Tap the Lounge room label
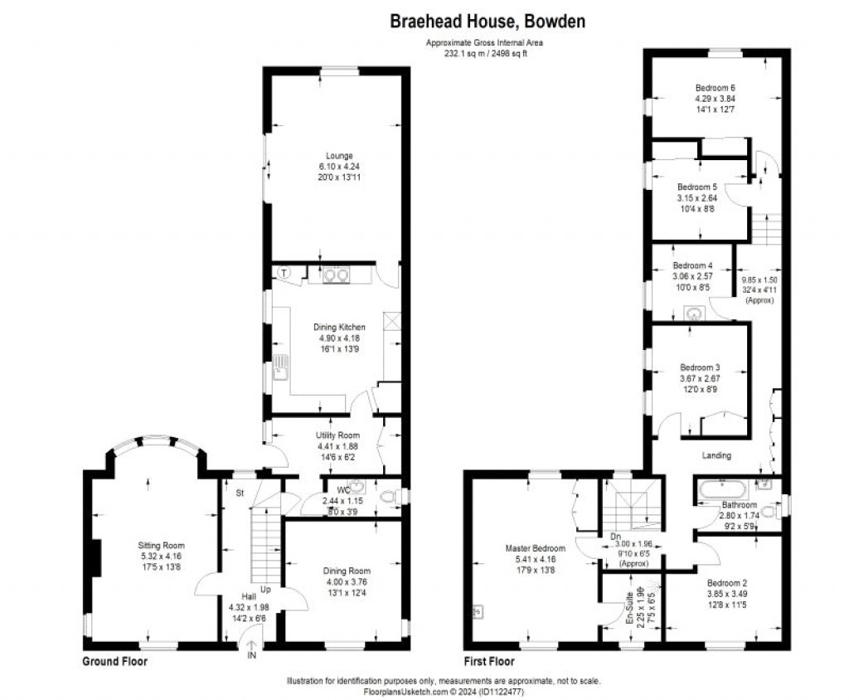click(339, 155)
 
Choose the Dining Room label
click(347, 571)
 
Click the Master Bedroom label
click(536, 548)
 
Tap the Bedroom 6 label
click(715, 88)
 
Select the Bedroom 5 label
click(696, 187)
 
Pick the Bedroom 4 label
click(692, 265)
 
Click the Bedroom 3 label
click(701, 367)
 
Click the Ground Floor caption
click(115, 662)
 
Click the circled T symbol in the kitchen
click(284, 272)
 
